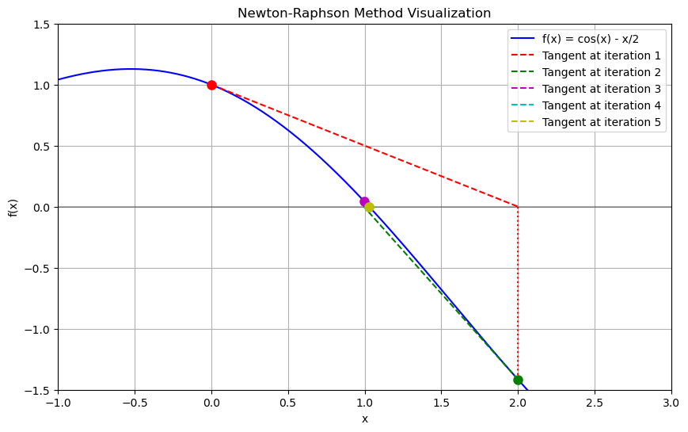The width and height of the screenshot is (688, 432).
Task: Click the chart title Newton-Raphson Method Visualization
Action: point(364,13)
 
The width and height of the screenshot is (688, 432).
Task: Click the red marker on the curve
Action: point(211,86)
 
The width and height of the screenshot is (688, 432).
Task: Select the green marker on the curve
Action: point(518,380)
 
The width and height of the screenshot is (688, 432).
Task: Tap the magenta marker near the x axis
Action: point(364,201)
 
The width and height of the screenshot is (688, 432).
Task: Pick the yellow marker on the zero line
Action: point(370,207)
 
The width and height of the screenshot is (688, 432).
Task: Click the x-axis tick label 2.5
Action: point(595,403)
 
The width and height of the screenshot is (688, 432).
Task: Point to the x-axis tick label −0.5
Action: point(135,403)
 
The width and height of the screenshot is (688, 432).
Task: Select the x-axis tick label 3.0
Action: point(671,403)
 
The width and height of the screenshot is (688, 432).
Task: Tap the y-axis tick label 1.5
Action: point(42,25)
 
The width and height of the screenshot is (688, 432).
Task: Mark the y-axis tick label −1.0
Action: point(38,330)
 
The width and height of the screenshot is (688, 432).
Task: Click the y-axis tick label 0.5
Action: point(42,147)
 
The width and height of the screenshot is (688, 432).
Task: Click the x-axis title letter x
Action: point(365,419)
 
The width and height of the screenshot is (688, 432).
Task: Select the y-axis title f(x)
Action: point(13,208)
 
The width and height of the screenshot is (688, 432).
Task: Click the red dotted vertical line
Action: point(518,293)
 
